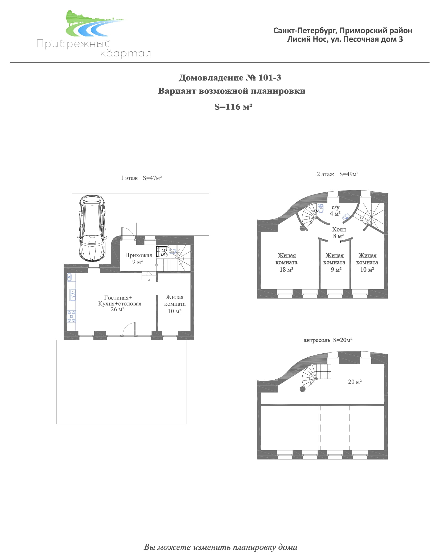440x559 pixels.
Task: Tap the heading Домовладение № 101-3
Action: point(230,78)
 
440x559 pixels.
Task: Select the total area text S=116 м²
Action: point(233,107)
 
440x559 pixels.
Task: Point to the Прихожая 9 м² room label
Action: point(138,258)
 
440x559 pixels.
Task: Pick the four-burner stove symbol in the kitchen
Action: point(72,316)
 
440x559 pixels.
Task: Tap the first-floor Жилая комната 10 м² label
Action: point(175,304)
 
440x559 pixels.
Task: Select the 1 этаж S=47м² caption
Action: point(141,178)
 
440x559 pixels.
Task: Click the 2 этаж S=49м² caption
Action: point(338,174)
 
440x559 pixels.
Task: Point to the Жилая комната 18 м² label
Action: point(286,262)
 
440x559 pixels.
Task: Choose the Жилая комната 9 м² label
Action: point(334,262)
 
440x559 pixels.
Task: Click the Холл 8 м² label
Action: point(339,233)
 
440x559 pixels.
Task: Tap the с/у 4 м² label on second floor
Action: point(335,210)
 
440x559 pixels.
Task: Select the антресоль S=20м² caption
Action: point(328,340)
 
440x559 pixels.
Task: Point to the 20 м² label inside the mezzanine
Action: point(355,382)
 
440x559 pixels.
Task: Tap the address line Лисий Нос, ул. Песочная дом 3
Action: point(345,39)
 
